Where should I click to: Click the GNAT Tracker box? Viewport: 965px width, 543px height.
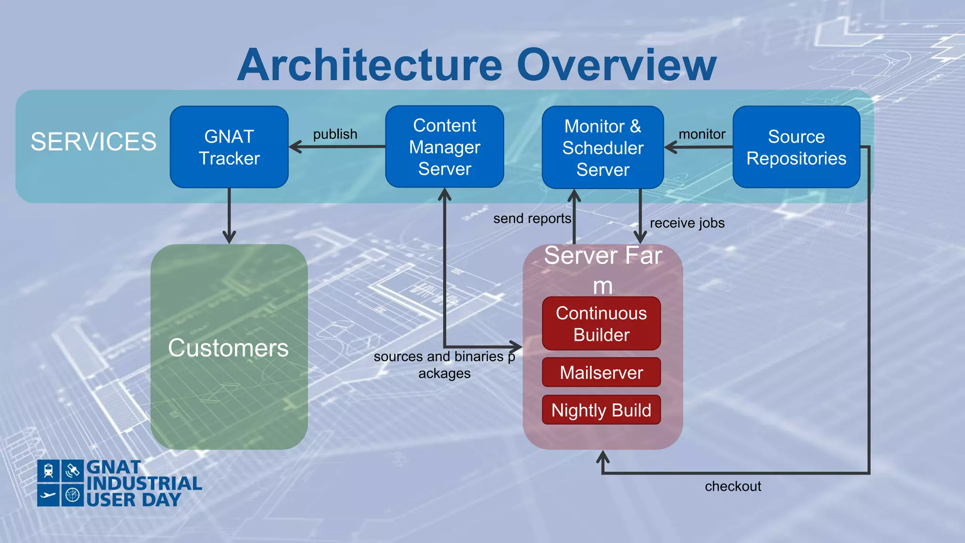pyautogui.click(x=229, y=147)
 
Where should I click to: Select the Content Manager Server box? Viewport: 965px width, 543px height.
pyautogui.click(x=444, y=147)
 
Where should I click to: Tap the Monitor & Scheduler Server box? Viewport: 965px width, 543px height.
pyautogui.click(x=603, y=148)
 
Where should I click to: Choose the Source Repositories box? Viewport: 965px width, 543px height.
pyautogui.click(x=796, y=147)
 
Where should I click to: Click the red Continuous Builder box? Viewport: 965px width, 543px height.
pyautogui.click(x=601, y=324)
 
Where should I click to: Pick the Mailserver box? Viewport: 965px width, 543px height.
pyautogui.click(x=601, y=372)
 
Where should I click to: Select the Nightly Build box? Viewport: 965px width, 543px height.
pyautogui.click(x=601, y=410)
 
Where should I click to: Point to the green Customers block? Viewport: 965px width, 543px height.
pyautogui.click(x=229, y=347)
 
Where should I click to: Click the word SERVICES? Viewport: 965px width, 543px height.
pyautogui.click(x=93, y=141)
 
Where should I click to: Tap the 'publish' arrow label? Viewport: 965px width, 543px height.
pyautogui.click(x=335, y=134)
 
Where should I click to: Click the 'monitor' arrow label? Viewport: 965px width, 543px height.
pyautogui.click(x=702, y=134)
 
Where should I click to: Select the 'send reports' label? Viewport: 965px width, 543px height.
pyautogui.click(x=532, y=219)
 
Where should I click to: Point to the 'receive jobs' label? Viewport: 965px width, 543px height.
pyautogui.click(x=687, y=223)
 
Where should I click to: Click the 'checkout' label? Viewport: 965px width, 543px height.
pyautogui.click(x=733, y=486)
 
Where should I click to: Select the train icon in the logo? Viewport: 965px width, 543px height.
pyautogui.click(x=49, y=470)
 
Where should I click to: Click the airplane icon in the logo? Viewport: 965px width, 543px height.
pyautogui.click(x=49, y=495)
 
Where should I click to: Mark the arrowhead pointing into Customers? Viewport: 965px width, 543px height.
pyautogui.click(x=229, y=237)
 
